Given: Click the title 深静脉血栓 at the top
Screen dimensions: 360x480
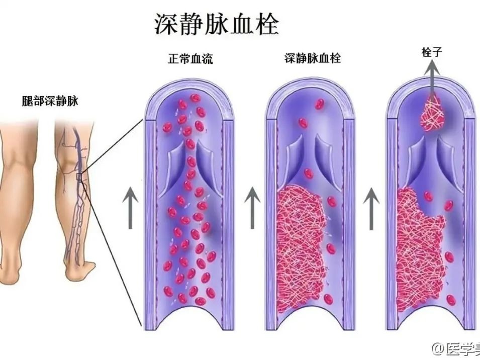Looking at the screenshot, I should point(216,24).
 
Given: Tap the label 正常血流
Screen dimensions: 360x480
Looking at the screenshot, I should point(190,59).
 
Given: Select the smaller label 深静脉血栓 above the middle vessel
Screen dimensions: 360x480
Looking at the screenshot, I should point(312,59).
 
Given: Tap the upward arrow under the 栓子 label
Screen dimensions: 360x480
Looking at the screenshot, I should point(432,75).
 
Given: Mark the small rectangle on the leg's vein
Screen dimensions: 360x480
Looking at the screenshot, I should point(79,176).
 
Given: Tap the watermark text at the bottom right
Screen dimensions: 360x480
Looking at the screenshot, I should point(455,348).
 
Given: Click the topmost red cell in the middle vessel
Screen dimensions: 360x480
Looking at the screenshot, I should point(319,104).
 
